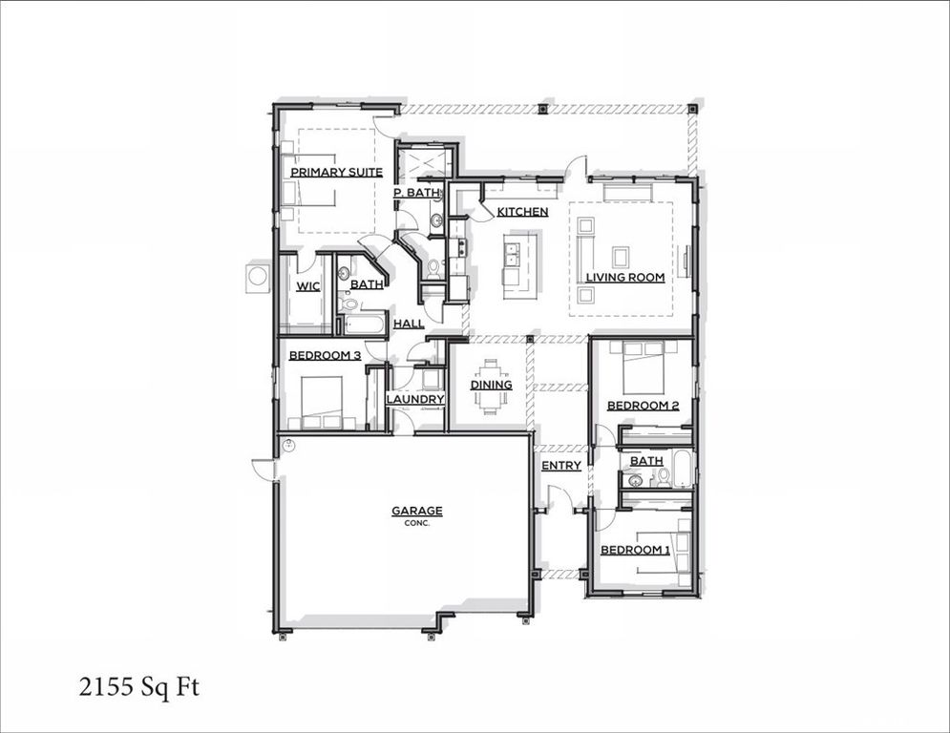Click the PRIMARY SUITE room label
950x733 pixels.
pyautogui.click(x=336, y=173)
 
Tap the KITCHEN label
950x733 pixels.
pyautogui.click(x=522, y=212)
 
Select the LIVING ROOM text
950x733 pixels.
pyautogui.click(x=624, y=278)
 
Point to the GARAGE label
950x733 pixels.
pyautogui.click(x=416, y=512)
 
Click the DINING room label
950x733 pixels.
pyautogui.click(x=491, y=386)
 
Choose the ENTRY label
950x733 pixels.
pyautogui.click(x=560, y=466)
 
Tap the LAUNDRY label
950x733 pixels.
pyautogui.click(x=415, y=400)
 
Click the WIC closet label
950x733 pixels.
pyautogui.click(x=307, y=286)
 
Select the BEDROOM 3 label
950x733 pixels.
pyautogui.click(x=325, y=356)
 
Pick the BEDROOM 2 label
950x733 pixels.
pyautogui.click(x=643, y=406)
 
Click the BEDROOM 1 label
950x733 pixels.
pyautogui.click(x=635, y=551)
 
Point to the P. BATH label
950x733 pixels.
pyautogui.click(x=416, y=193)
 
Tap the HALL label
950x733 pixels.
pyautogui.click(x=409, y=325)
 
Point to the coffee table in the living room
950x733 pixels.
pyautogui.click(x=621, y=256)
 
